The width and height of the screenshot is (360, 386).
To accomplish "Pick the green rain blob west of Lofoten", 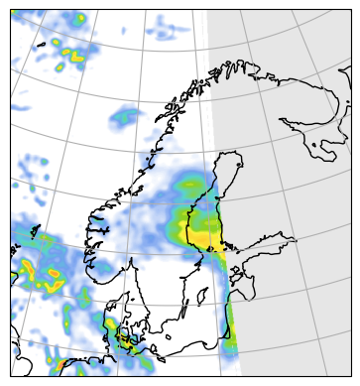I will [x=124, y=117].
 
